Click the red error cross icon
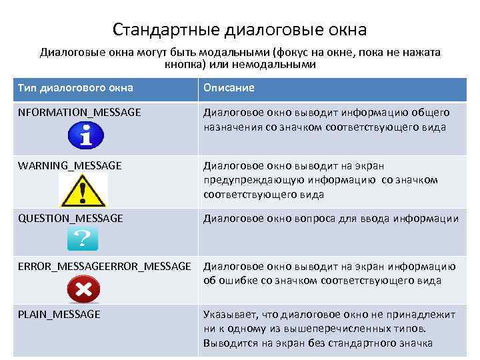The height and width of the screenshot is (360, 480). pyautogui.click(x=84, y=289)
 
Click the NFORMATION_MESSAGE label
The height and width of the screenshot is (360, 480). pyautogui.click(x=79, y=113)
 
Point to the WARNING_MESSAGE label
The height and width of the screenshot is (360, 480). pyautogui.click(x=70, y=165)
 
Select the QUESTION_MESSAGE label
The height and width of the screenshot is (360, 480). pyautogui.click(x=71, y=218)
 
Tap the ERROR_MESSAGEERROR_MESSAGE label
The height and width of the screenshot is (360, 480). pyautogui.click(x=105, y=267)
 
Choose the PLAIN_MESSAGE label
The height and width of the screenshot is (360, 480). pyautogui.click(x=59, y=314)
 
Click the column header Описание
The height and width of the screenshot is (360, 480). pyautogui.click(x=229, y=88)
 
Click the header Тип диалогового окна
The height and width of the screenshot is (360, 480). pyautogui.click(x=75, y=88)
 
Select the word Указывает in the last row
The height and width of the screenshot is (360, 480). pyautogui.click(x=227, y=314)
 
